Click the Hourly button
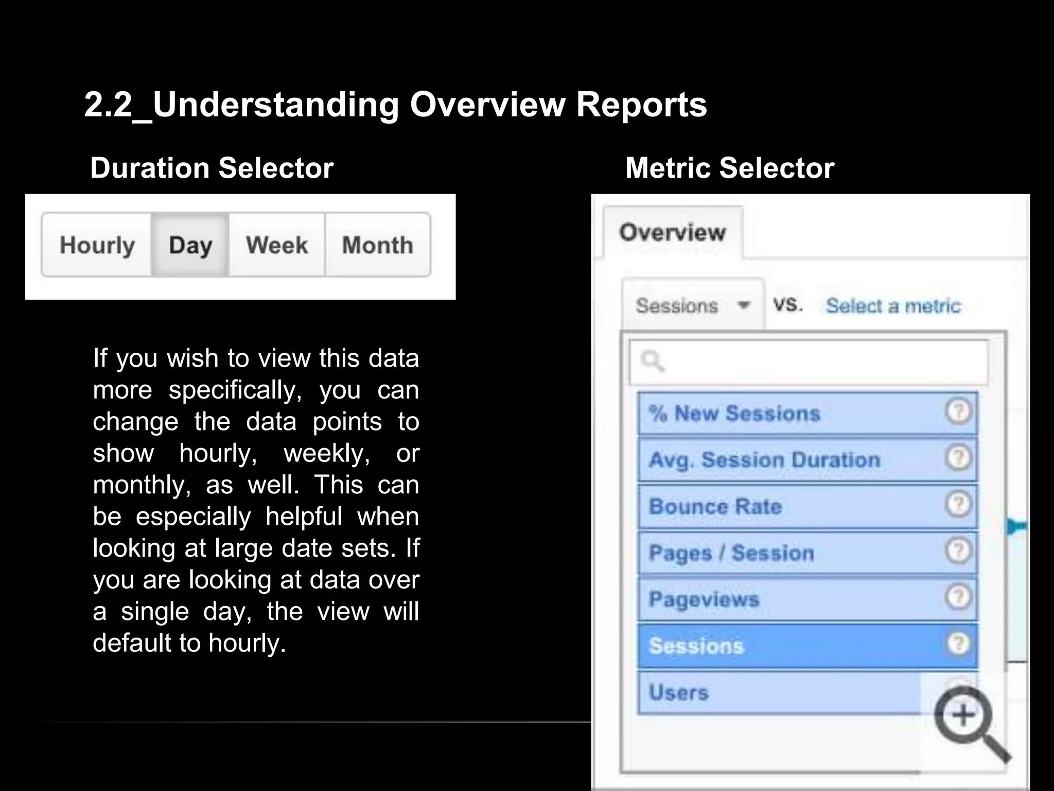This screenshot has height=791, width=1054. (97, 245)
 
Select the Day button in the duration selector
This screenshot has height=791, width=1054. (190, 245)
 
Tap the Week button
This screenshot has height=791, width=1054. (277, 245)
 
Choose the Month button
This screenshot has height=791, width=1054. (378, 245)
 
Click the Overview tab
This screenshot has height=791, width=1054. (672, 232)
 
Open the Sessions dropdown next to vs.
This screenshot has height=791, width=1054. (692, 305)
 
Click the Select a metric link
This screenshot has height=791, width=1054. (893, 306)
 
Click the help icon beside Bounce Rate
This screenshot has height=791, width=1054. (958, 504)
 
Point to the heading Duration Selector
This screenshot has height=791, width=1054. (212, 168)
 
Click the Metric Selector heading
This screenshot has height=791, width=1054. (729, 168)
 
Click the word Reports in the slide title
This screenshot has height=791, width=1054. (641, 105)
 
